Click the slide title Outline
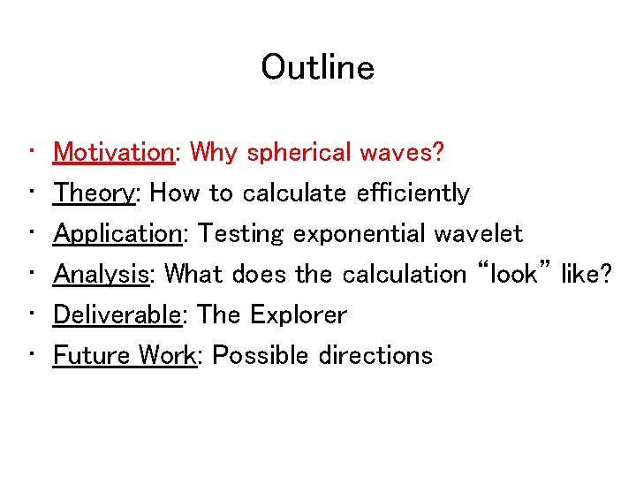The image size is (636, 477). point(317,68)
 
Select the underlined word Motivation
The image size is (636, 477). point(114,152)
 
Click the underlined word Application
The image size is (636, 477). point(117,234)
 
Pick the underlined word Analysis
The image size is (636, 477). point(100,274)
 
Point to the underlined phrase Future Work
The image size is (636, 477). point(124,355)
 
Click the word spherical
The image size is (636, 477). point(299,152)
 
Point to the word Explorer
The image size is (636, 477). point(299,314)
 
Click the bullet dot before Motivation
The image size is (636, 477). point(32,152)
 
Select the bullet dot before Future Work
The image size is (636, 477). point(32,355)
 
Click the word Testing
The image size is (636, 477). point(241,234)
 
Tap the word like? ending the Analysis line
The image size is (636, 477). point(586,274)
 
